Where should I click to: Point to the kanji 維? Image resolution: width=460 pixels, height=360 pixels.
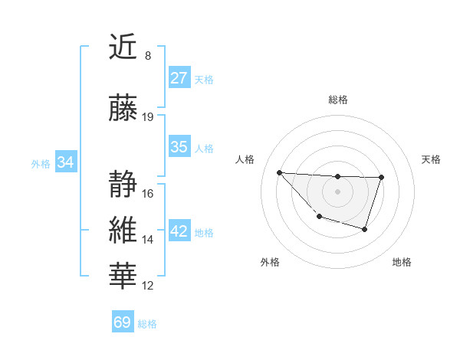click(x=123, y=231)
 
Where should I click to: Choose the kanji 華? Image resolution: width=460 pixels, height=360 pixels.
click(x=123, y=277)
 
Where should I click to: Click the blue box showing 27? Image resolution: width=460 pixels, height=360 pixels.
click(x=179, y=78)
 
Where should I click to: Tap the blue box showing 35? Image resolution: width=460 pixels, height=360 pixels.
click(x=179, y=147)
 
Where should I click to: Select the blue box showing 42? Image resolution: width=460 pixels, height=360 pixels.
click(x=179, y=231)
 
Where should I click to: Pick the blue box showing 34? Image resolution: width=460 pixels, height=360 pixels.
click(x=65, y=162)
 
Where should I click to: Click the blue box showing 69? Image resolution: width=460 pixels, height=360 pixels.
click(x=122, y=322)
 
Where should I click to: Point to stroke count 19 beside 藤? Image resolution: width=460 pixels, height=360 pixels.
click(x=148, y=117)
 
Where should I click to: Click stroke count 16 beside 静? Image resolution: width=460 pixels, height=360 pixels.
click(x=148, y=194)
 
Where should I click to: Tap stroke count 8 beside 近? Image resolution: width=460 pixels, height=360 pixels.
click(x=148, y=56)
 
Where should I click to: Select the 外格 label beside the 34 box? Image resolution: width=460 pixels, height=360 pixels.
click(x=41, y=163)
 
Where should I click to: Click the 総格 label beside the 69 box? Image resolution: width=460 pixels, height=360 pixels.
click(x=147, y=324)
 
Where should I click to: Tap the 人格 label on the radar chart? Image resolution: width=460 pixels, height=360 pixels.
click(x=245, y=159)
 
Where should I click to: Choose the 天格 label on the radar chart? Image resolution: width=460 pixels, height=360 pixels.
click(x=431, y=159)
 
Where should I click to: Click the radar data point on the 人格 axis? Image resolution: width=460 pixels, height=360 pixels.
click(x=279, y=172)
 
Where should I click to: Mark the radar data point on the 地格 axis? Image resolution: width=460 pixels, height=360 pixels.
click(x=365, y=229)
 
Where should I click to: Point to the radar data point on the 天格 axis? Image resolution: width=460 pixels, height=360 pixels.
click(x=382, y=178)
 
